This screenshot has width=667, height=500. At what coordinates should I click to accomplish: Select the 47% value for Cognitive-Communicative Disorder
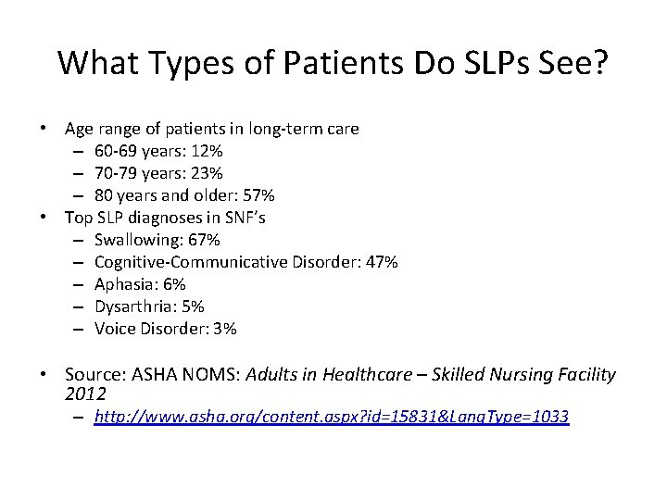click(x=378, y=262)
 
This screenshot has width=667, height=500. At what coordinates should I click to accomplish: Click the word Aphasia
click(x=125, y=284)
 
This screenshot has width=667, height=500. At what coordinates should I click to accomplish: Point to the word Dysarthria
click(x=132, y=306)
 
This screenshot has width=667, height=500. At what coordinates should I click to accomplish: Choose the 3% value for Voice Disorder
click(x=224, y=329)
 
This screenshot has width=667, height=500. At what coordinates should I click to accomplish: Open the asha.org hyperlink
click(x=331, y=418)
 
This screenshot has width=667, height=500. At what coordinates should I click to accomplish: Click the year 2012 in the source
click(x=84, y=393)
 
